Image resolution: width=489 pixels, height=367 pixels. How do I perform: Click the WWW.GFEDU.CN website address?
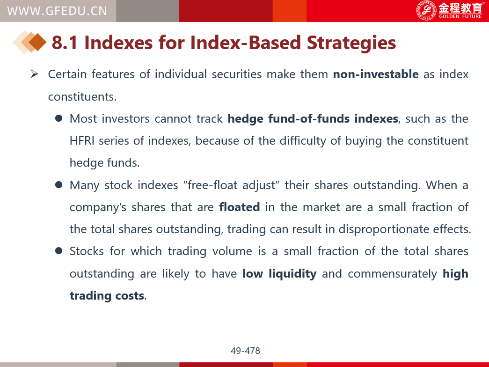[x=57, y=11]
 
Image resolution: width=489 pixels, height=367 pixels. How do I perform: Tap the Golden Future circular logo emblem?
[x=426, y=11]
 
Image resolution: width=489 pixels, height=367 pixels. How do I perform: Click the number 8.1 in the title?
[x=65, y=43]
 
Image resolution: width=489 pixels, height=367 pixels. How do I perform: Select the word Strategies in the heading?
[x=351, y=43]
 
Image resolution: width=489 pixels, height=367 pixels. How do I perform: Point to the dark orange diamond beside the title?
[x=37, y=42]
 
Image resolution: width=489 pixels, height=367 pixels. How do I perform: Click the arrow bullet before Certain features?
[x=34, y=74]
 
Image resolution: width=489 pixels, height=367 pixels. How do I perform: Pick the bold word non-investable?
[x=376, y=74]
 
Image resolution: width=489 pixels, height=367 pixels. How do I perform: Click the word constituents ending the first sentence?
[x=82, y=97]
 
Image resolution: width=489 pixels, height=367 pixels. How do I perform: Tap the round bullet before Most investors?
[x=58, y=118]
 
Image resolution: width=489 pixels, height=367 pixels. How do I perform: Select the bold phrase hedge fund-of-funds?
[x=288, y=119]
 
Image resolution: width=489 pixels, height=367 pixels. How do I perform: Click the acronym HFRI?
[x=82, y=141]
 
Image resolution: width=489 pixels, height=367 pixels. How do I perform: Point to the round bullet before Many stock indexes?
[x=58, y=185]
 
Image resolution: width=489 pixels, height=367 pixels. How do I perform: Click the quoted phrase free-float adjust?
[x=232, y=185]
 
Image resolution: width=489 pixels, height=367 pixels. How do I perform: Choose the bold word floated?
[x=240, y=207]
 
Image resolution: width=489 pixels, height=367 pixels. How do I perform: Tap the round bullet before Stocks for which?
[x=58, y=251]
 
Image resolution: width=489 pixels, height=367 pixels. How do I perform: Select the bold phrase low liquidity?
[x=279, y=274]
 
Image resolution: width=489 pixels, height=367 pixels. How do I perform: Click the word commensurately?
[x=392, y=274]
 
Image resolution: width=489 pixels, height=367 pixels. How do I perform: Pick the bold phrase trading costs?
[x=107, y=295]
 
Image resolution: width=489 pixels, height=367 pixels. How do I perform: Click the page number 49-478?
[x=245, y=351]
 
